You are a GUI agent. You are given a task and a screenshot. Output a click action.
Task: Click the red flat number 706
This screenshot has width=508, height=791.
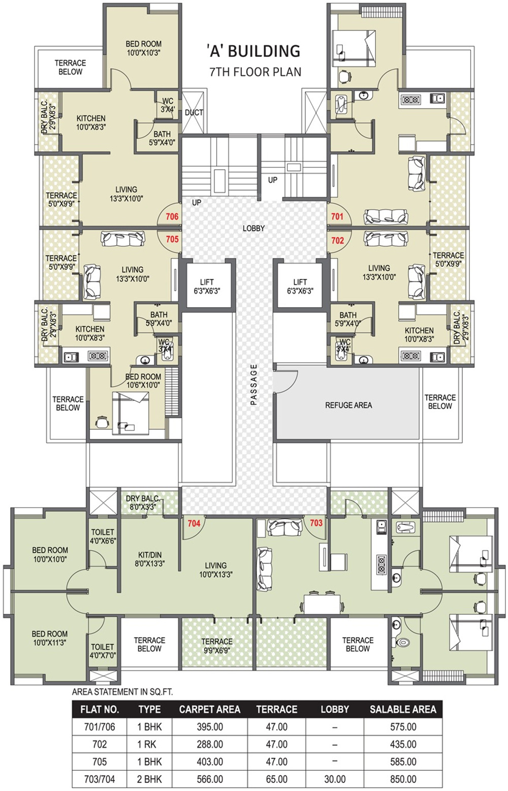pyautogui.click(x=172, y=216)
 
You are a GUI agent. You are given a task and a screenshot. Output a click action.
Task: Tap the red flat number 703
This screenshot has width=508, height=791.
pyautogui.click(x=316, y=523)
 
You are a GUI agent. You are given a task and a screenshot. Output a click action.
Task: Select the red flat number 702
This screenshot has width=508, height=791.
pyautogui.click(x=337, y=240)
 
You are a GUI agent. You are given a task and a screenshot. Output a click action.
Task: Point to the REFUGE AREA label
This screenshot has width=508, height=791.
pyautogui.click(x=348, y=405)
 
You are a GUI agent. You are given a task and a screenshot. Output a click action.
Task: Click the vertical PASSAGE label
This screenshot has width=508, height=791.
pyautogui.click(x=253, y=384)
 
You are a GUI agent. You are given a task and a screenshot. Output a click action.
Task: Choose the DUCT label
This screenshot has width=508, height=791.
pyautogui.click(x=194, y=113)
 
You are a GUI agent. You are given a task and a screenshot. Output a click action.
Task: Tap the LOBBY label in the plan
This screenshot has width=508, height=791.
pyautogui.click(x=253, y=229)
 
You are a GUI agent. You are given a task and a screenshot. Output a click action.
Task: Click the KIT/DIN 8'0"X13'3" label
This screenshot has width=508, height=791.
pyautogui.click(x=150, y=559)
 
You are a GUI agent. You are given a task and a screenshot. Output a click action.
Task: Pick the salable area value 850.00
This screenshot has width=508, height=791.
pyautogui.click(x=403, y=778)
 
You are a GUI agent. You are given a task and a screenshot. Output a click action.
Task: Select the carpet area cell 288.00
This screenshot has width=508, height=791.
pyautogui.click(x=210, y=744)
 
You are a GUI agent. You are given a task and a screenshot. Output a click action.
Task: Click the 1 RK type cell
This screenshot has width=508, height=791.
pyautogui.click(x=146, y=744)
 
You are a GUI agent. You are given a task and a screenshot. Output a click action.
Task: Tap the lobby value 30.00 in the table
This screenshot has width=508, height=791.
pyautogui.click(x=335, y=778)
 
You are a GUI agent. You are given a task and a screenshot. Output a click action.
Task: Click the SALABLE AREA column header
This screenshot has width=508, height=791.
pyautogui.click(x=403, y=709)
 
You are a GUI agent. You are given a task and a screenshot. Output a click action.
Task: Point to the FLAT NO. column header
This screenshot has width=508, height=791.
pyautogui.click(x=100, y=709)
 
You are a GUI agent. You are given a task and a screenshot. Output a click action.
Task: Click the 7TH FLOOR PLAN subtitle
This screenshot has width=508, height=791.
pyautogui.click(x=255, y=72)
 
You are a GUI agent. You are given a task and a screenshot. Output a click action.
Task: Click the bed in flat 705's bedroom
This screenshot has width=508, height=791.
pyautogui.click(x=130, y=413)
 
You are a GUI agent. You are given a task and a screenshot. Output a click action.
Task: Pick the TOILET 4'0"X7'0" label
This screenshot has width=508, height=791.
pyautogui.click(x=103, y=651)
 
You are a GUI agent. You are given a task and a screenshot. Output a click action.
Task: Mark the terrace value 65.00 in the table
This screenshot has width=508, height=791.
pyautogui.click(x=277, y=778)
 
